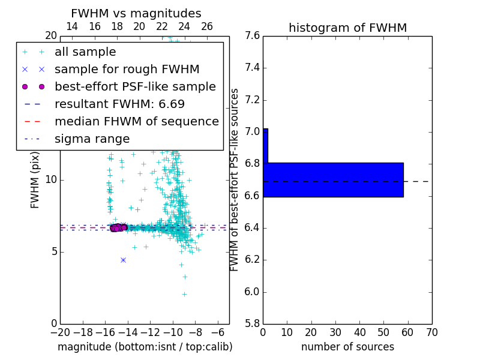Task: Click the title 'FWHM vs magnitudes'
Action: coord(136,13)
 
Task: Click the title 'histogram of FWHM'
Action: coord(347,28)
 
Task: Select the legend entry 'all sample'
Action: coord(85,52)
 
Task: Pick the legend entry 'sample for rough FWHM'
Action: coord(127,70)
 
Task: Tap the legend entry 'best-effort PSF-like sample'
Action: coord(135,87)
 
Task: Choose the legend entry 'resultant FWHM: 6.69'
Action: coord(119,104)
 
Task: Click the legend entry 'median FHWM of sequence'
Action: coord(136,122)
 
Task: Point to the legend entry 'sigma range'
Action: coord(92,139)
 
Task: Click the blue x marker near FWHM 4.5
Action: coord(123,260)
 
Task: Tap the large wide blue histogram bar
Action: coord(333,179)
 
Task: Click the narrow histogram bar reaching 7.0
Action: coord(265,146)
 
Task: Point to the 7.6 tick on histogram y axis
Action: coord(252,35)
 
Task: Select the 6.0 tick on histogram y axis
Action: coord(252,292)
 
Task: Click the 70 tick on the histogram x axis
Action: coord(431,332)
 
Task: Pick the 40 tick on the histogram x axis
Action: coord(359,332)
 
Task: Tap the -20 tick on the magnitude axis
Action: coord(60,332)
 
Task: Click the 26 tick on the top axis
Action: coord(207,26)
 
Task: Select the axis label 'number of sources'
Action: coord(347,347)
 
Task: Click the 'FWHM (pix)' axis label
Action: coord(35,179)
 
